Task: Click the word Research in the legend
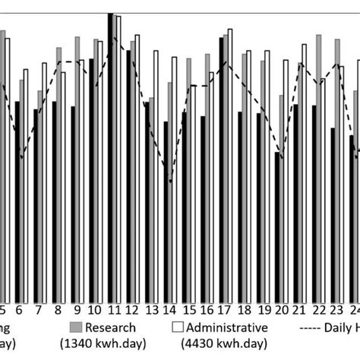click(x=111, y=328)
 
